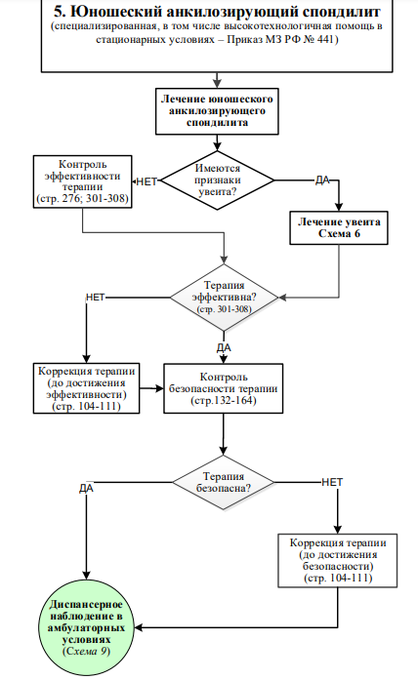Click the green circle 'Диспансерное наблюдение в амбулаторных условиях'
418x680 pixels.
tap(86, 627)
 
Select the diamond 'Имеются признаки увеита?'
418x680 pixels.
tap(217, 180)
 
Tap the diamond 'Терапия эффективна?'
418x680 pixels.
tap(224, 298)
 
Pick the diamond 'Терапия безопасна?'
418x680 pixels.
tap(224, 482)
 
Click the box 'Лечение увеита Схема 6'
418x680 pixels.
tap(339, 228)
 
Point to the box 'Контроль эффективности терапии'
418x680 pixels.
tap(82, 181)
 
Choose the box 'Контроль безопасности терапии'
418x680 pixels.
tap(223, 388)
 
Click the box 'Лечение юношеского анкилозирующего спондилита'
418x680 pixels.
tap(217, 111)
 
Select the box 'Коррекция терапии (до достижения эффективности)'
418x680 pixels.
tap(86, 388)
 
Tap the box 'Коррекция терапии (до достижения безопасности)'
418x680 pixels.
tap(338, 560)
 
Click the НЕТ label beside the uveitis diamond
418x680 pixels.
tap(146, 181)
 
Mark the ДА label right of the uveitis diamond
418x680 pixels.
tap(322, 180)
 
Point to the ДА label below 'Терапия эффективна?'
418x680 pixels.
tap(224, 348)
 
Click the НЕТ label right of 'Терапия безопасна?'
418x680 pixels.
tap(332, 482)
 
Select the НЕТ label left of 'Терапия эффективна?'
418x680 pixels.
tap(96, 298)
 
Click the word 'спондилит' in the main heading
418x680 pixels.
tap(348, 12)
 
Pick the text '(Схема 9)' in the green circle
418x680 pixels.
tap(86, 652)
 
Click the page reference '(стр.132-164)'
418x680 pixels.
tap(224, 400)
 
